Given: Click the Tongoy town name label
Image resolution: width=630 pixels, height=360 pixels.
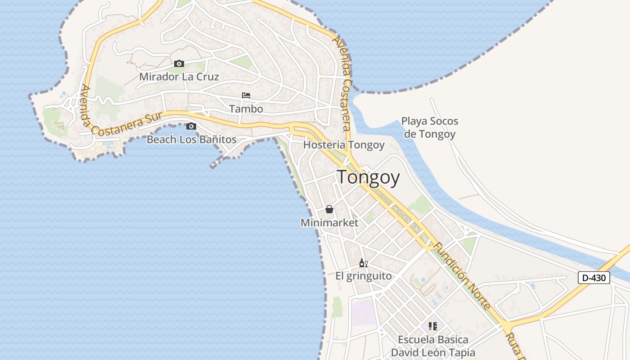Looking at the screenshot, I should [368, 177].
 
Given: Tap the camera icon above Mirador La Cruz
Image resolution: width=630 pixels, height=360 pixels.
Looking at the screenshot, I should [179, 63].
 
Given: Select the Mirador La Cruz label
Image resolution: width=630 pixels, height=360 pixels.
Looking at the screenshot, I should [179, 76].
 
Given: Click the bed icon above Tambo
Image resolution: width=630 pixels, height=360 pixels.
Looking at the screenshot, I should [246, 95].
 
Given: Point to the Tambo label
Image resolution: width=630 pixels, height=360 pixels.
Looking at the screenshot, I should [246, 109].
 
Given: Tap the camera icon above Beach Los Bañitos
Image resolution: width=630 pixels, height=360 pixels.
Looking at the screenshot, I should [191, 126].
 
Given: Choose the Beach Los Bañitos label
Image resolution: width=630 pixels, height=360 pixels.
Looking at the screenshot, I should [192, 139].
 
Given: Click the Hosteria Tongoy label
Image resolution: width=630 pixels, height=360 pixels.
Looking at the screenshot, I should [344, 145].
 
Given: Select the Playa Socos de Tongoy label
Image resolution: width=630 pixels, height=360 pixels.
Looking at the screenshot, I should [429, 127].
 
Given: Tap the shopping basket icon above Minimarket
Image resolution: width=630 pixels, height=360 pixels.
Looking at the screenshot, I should [329, 209].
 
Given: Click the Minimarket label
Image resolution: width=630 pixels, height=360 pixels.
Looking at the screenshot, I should [329, 223].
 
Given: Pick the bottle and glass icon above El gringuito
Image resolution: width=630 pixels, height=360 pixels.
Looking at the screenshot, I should [364, 263].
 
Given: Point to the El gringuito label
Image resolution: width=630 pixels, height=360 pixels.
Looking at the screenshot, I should [364, 276].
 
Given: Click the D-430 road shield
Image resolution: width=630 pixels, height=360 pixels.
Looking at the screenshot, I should [594, 278].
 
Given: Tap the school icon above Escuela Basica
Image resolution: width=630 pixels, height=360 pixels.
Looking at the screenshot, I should [433, 326].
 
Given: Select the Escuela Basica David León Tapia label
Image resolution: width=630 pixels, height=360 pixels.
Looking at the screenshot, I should [433, 346].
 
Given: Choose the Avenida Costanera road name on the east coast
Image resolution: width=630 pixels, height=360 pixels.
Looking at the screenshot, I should [342, 83].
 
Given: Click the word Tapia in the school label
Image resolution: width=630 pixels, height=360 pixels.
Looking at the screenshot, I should [461, 353].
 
